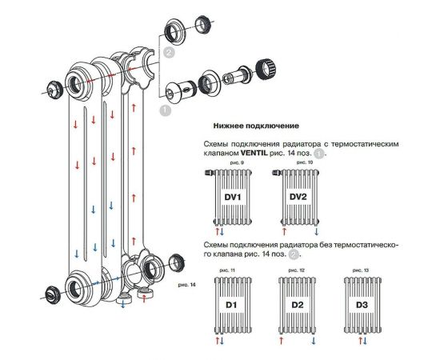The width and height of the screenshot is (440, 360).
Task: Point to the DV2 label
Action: click(x=298, y=197)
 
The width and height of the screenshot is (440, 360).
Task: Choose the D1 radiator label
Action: click(x=230, y=304)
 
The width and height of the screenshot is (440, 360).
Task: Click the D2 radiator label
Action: click(x=297, y=304)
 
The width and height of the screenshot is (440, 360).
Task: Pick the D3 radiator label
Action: click(x=362, y=304)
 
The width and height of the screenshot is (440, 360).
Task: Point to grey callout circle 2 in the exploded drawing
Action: click(x=169, y=53)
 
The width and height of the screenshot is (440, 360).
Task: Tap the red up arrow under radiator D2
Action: click(x=281, y=339)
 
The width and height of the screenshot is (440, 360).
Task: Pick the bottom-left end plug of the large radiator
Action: click(x=54, y=292)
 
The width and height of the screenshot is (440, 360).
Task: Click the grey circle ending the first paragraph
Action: click(x=318, y=152)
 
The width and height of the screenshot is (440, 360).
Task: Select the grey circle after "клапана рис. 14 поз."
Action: click(x=294, y=254)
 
